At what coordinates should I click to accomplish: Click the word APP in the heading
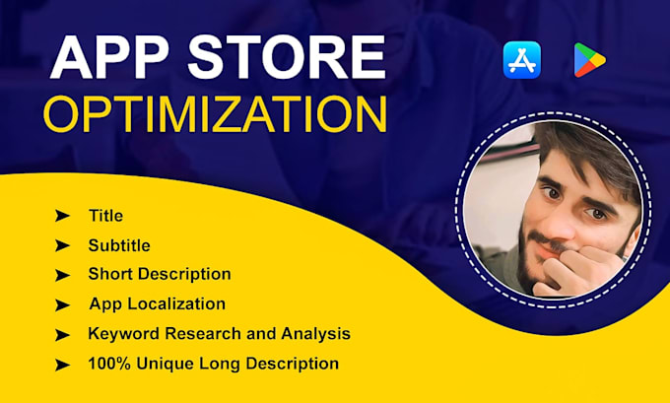click(x=110, y=57)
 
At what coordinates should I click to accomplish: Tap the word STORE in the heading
click(x=287, y=57)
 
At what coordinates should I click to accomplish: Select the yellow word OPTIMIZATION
click(x=215, y=114)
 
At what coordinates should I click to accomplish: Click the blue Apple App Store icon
click(x=522, y=60)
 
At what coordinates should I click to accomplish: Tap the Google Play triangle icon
click(x=589, y=60)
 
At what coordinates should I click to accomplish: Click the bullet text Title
click(x=105, y=216)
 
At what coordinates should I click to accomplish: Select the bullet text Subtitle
click(x=119, y=245)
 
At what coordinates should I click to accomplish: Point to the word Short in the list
click(x=111, y=274)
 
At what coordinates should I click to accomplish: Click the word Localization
click(x=176, y=303)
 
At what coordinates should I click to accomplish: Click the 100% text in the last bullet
click(x=109, y=364)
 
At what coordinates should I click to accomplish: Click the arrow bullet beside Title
click(x=62, y=216)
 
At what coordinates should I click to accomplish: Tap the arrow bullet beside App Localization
click(x=62, y=305)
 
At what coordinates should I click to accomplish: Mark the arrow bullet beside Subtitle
click(x=62, y=245)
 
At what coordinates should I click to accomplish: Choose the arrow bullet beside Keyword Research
click(x=62, y=335)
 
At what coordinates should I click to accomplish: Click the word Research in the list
click(x=203, y=334)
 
